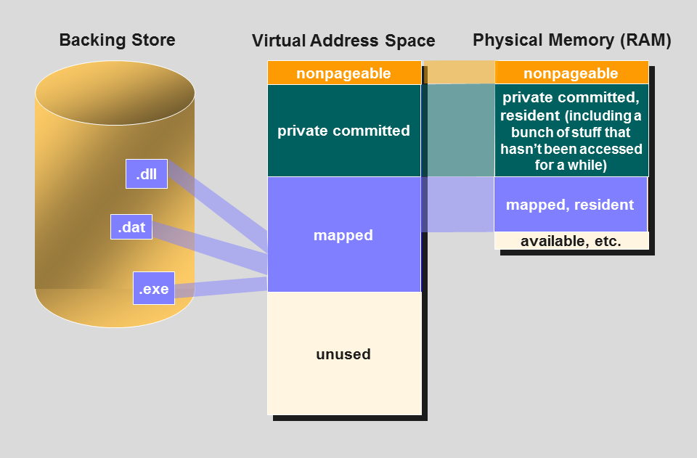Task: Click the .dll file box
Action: [x=147, y=174]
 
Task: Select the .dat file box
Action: [x=131, y=227]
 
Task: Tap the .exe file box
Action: [x=154, y=288]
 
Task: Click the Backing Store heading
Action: [x=117, y=40]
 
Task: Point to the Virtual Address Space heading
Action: [x=343, y=41]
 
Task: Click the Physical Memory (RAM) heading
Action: [x=571, y=40]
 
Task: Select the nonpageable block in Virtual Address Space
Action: [x=344, y=73]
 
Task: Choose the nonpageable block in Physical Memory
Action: [x=571, y=73]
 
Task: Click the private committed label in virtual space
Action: [x=344, y=131]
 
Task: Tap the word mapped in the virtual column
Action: [x=343, y=235]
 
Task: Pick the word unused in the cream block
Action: [x=343, y=354]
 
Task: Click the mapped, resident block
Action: [x=570, y=205]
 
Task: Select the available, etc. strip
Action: [x=571, y=242]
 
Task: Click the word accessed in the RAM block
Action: [x=611, y=149]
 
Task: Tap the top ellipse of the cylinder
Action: [x=115, y=93]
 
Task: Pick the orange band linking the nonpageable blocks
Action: [x=457, y=73]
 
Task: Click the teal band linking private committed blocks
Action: [x=457, y=131]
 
